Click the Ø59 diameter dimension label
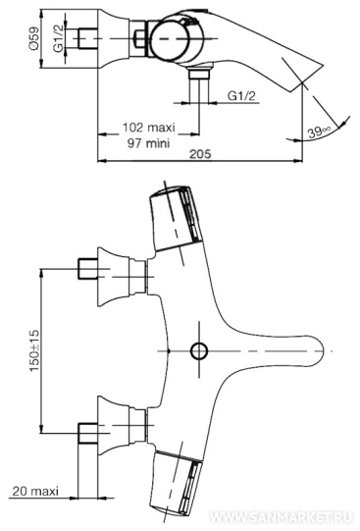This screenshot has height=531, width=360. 33,39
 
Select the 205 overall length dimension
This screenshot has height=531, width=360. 200,154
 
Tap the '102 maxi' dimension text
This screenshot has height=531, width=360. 148,128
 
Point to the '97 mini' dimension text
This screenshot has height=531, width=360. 148,143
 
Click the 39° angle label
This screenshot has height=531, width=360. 319,132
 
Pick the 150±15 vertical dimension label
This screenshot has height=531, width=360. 34,350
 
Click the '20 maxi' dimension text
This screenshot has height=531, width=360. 35,491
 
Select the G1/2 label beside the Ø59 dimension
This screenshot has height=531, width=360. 58,39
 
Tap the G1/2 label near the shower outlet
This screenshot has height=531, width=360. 241,96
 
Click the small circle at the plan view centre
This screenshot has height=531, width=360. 199,350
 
